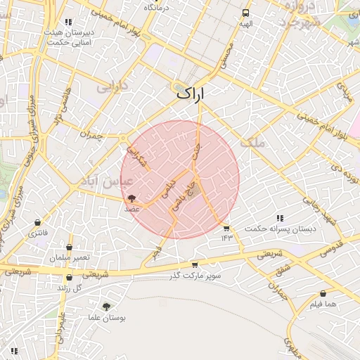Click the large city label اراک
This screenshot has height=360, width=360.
click(x=191, y=92)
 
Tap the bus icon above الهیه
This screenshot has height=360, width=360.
click(x=245, y=13)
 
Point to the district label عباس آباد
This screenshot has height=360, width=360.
click(x=108, y=181)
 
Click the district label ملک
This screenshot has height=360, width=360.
click(x=254, y=143)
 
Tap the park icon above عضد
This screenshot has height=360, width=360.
click(x=132, y=198)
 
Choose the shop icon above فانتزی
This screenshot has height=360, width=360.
click(x=37, y=223)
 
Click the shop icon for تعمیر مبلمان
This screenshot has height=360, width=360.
click(x=69, y=247)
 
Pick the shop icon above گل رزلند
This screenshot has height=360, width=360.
click(x=69, y=278)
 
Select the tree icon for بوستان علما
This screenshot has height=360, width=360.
click(x=106, y=307)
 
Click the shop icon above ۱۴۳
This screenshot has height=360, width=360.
click(x=226, y=229)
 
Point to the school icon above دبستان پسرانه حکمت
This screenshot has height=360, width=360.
click(x=281, y=219)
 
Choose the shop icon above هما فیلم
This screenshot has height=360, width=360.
click(x=323, y=294)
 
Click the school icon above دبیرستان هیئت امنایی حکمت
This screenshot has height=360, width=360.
click(x=68, y=22)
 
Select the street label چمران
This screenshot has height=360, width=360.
click(x=91, y=135)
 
